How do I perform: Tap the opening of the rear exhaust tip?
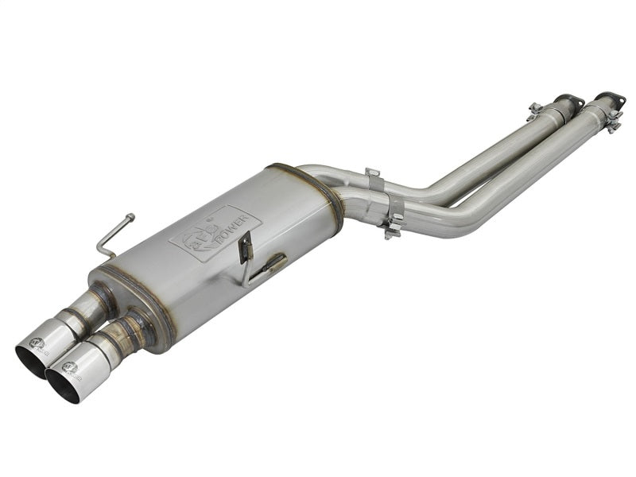coord(32,360)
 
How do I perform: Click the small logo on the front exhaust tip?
coord(70,367)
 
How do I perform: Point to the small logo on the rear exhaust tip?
coord(37,343)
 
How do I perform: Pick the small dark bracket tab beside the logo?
coord(246,246)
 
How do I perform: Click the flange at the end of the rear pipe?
coord(568,101)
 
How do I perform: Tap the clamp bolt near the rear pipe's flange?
coord(535,108)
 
